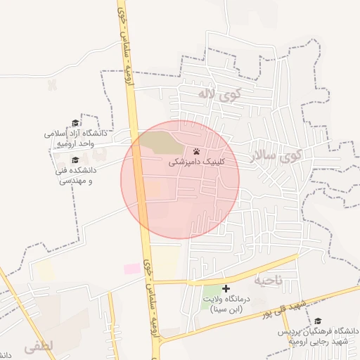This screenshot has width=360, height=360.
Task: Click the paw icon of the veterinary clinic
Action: [196, 151]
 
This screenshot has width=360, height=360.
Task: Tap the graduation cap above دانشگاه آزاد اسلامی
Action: [75, 123]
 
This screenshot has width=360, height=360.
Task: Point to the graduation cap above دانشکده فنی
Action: [75, 160]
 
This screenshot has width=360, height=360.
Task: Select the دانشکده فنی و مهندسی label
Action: [75, 175]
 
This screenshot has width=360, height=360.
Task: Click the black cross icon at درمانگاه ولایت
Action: [226, 288]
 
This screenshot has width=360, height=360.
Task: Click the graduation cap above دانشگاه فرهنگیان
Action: [318, 321]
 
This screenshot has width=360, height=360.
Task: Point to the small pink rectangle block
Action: [132, 269]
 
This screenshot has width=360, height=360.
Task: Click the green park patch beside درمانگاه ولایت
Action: [212, 291]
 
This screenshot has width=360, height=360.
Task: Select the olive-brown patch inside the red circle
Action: [160, 142]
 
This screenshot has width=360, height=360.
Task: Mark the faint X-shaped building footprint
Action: [51, 84]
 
